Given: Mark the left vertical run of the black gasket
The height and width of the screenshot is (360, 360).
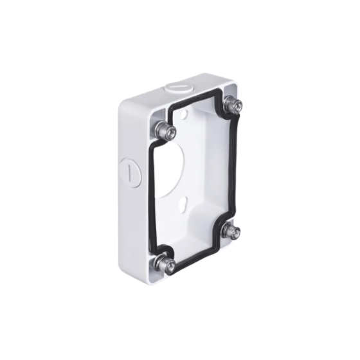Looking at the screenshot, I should [x=152, y=193].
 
